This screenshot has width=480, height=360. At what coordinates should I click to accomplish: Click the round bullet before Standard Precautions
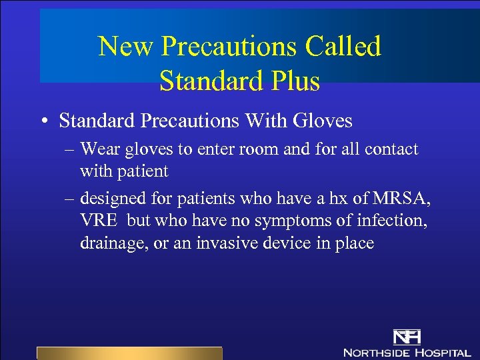[x=42, y=121]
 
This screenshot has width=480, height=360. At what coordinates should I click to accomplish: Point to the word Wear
[x=101, y=149]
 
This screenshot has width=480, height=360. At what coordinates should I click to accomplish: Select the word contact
[x=388, y=149]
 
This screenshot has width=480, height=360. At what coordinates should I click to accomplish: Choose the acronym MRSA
[x=407, y=199]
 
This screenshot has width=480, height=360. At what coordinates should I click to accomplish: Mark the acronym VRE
[x=99, y=221]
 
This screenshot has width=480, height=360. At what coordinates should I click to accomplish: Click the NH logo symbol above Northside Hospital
[x=406, y=336]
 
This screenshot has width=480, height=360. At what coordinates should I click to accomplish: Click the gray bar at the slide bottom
[x=129, y=353]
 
